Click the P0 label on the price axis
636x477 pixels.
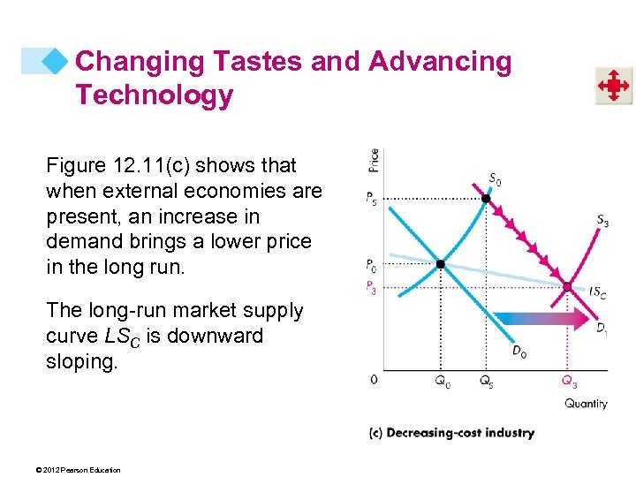pyautogui.click(x=373, y=265)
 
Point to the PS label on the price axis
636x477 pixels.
pyautogui.click(x=373, y=200)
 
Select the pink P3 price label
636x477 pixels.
pyautogui.click(x=373, y=286)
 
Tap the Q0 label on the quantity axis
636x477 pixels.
pyautogui.click(x=441, y=382)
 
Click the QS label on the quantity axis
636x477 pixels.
pyautogui.click(x=487, y=382)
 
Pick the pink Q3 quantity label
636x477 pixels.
pyautogui.click(x=570, y=382)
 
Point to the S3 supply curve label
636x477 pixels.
pyautogui.click(x=602, y=221)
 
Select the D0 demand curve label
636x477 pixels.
pyautogui.click(x=521, y=351)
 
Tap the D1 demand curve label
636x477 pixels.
pyautogui.click(x=602, y=329)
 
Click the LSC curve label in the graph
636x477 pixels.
pyautogui.click(x=596, y=291)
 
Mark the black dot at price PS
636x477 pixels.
pyautogui.click(x=485, y=199)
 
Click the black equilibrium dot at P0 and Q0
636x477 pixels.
pyautogui.click(x=440, y=264)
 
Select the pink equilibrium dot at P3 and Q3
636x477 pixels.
pyautogui.click(x=569, y=286)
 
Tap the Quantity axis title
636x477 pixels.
pyautogui.click(x=586, y=404)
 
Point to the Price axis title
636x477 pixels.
pyautogui.click(x=375, y=160)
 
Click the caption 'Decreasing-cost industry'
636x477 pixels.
pyautogui.click(x=451, y=433)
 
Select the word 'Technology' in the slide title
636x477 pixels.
pyautogui.click(x=154, y=95)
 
